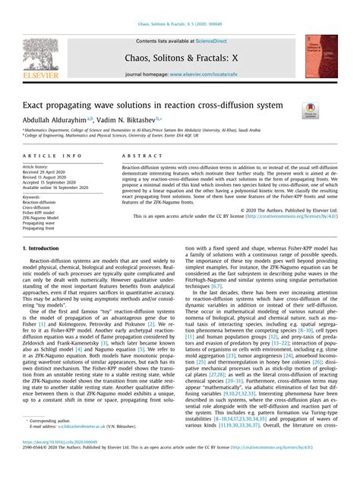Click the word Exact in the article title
pyautogui.click(x=36, y=104)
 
